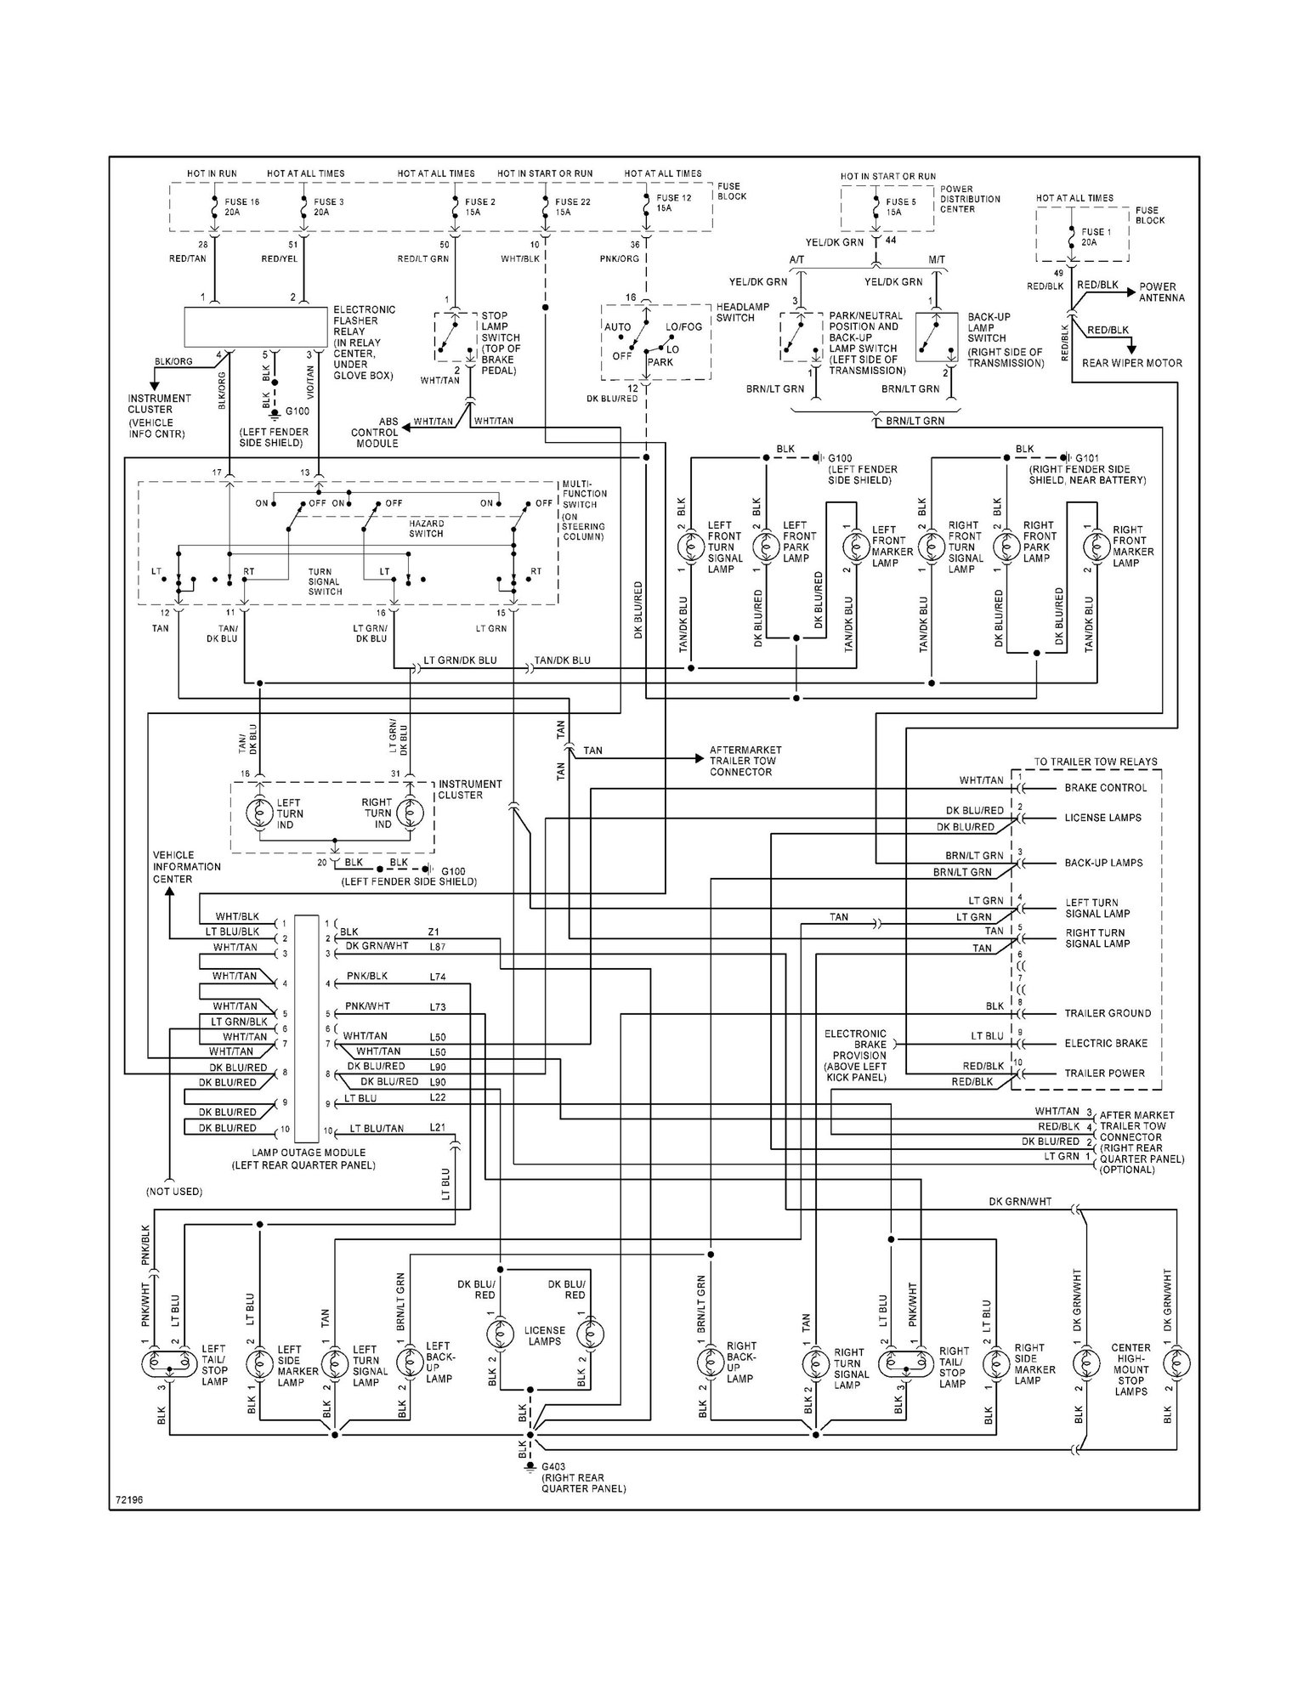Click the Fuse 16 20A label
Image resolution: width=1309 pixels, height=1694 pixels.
242,207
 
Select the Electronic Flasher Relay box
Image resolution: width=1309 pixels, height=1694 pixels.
256,327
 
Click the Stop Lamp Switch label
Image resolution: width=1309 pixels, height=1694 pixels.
501,343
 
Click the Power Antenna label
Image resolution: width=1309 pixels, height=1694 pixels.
1162,292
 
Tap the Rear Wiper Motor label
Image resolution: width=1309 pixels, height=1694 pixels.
1131,363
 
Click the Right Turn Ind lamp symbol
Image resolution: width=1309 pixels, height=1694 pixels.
407,813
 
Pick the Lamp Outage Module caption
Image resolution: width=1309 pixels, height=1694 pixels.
303,1159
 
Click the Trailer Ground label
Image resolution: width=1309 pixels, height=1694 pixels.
1108,1013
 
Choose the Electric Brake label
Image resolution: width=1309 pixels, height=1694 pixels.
1106,1043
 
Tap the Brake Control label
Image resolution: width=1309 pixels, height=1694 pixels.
1105,788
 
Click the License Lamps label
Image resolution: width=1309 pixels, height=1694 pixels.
544,1336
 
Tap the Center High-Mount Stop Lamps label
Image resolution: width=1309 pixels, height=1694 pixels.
1130,1369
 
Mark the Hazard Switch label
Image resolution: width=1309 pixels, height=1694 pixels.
426,529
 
